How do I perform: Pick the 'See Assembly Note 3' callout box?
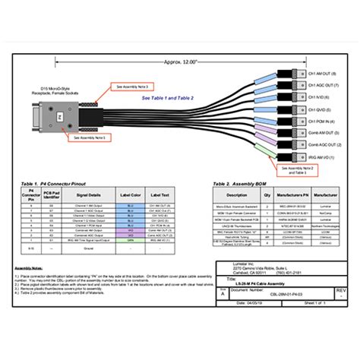(x=135, y=87)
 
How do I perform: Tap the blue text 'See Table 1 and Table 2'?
(x=168, y=98)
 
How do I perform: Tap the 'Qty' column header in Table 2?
(x=267, y=194)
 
